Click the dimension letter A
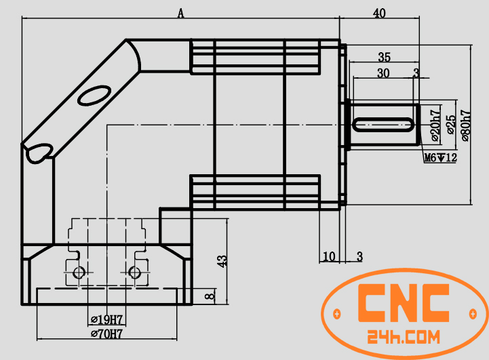coord(180,12)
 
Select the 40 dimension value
coord(379,12)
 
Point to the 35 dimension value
coord(384,57)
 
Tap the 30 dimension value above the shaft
coord(383,74)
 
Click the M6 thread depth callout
coord(440,158)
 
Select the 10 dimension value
coord(329,256)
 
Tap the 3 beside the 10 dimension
coord(359,256)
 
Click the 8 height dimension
coord(211,296)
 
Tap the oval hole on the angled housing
coord(94,95)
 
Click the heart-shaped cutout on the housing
coord(39,152)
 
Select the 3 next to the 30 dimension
coord(416,73)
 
